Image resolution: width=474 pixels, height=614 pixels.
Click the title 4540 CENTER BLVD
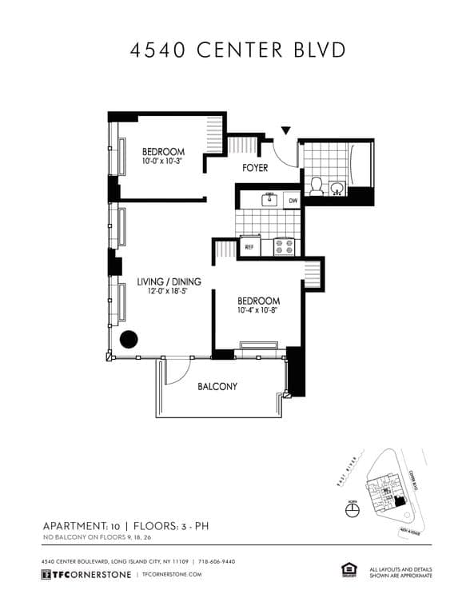point(237,50)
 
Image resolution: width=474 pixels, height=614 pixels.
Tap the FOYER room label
point(255,168)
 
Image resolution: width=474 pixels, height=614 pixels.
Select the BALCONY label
point(217,387)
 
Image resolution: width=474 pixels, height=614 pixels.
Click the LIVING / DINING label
point(169,281)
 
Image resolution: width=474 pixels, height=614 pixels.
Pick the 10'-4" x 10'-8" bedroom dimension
point(258,312)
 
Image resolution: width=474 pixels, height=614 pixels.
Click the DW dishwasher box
point(293,201)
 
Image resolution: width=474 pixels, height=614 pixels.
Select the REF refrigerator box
point(249,247)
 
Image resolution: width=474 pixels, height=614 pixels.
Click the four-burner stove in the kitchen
point(285,246)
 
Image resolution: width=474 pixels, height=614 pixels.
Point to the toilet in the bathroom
point(317,187)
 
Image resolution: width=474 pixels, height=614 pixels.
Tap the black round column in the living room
point(128,339)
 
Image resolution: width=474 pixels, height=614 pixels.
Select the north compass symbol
point(353,511)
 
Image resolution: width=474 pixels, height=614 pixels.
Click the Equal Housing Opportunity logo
point(348,570)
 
